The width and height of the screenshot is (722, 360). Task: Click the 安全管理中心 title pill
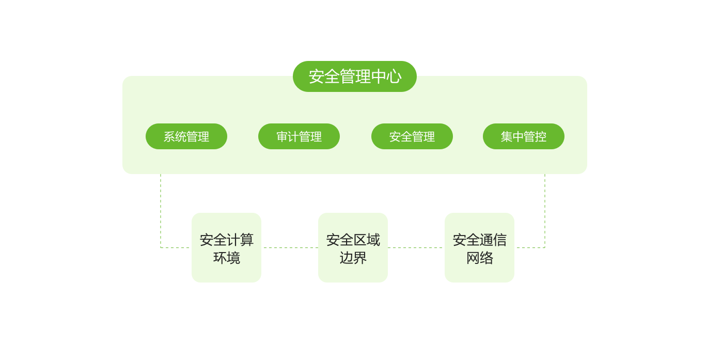point(355,76)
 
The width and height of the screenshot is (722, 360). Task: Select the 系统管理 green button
point(186,136)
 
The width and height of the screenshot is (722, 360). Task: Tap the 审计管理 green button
point(299,136)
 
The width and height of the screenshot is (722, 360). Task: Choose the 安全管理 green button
point(412,136)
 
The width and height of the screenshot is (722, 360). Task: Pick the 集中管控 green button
point(524,136)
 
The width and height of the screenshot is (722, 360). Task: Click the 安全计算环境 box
point(226,247)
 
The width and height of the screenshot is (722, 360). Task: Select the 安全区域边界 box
point(353,247)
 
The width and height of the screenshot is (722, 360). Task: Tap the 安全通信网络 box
point(479,247)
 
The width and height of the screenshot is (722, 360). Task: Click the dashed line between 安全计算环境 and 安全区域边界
point(290,248)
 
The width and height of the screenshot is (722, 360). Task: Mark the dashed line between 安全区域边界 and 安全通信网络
point(416,248)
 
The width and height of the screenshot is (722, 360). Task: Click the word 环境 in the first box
point(227,257)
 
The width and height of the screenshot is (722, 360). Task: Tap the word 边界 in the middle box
point(353,257)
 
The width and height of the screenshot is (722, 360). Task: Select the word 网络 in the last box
point(480,257)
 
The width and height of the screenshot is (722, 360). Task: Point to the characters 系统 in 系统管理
point(175,137)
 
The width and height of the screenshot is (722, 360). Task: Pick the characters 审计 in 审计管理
point(287,137)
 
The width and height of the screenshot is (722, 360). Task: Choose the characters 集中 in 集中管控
point(512,137)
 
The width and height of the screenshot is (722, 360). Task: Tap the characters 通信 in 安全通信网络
point(493,240)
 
